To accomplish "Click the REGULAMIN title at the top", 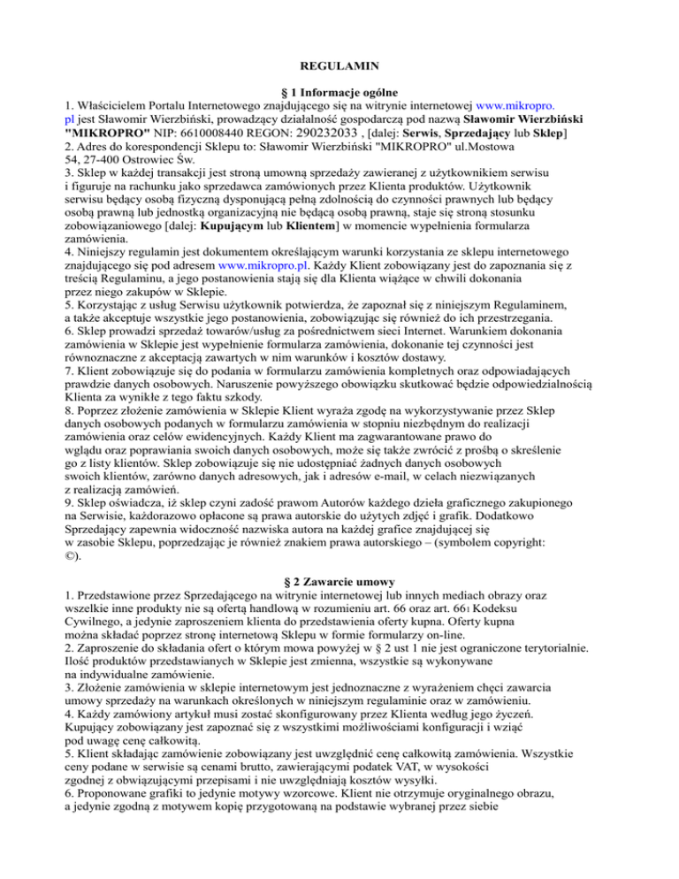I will pyautogui.click(x=339, y=65).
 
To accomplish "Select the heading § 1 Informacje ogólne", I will pyautogui.click(x=339, y=95).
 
